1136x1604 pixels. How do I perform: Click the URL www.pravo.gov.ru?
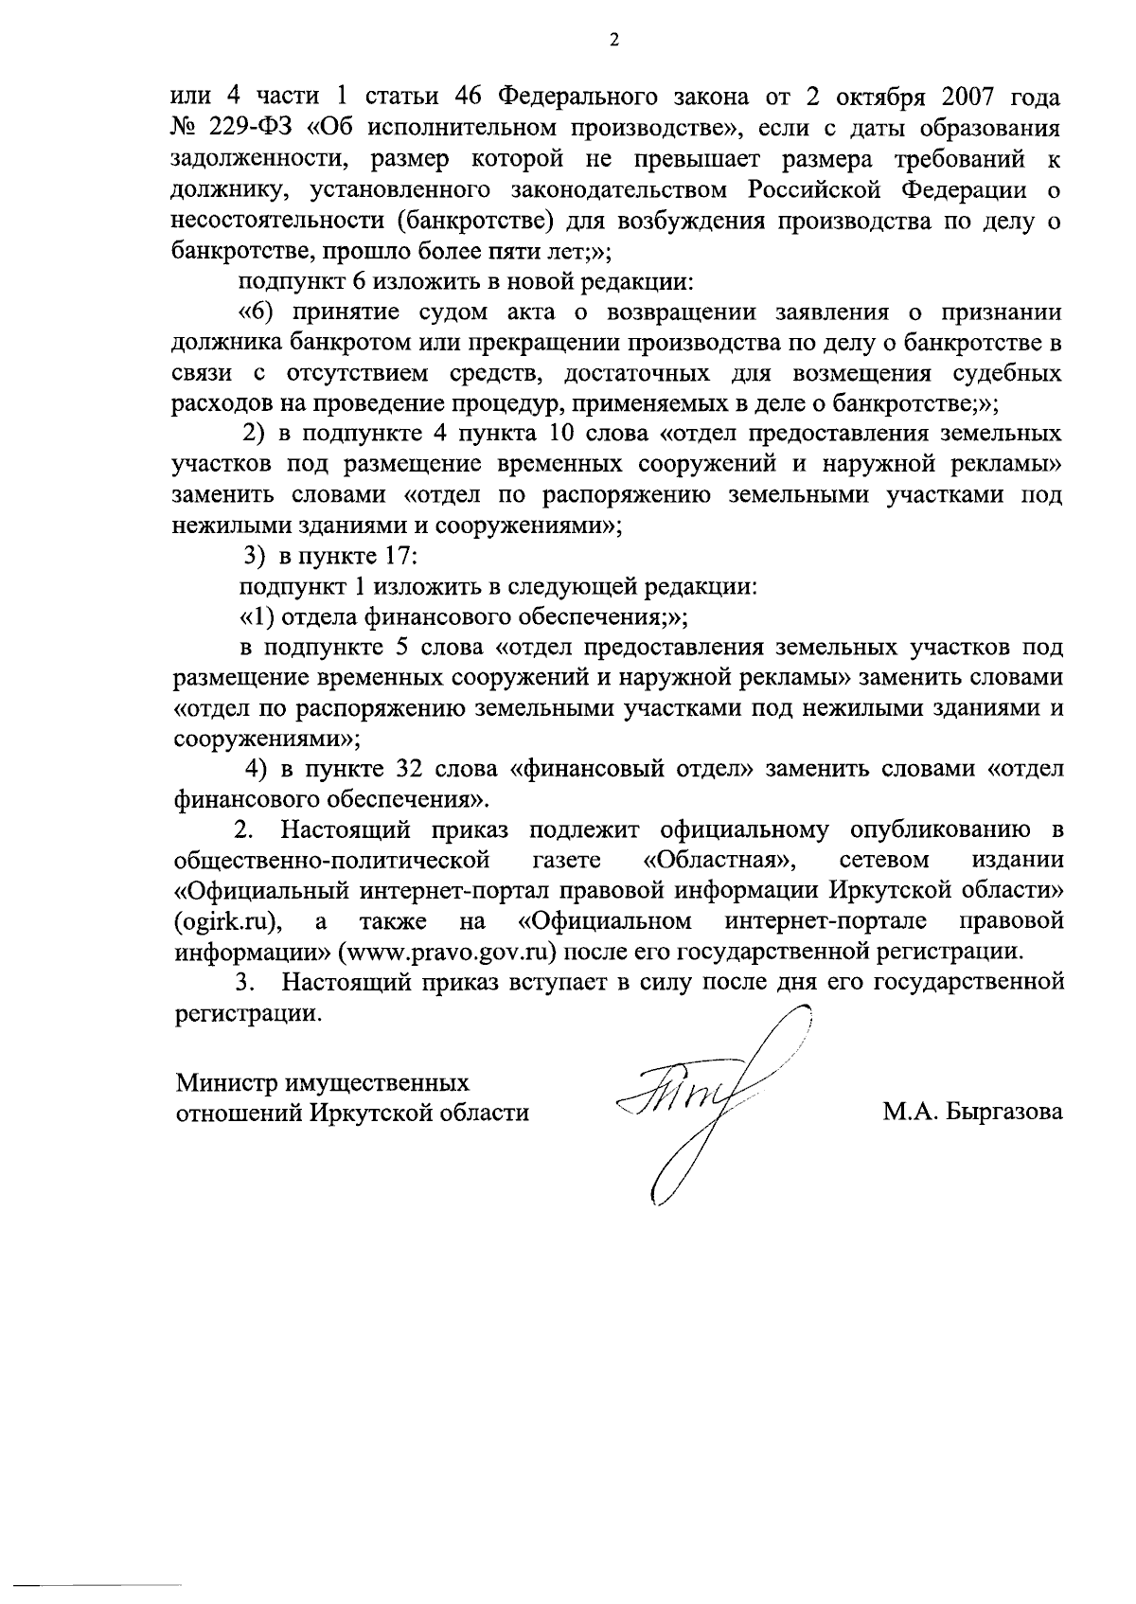tap(453, 951)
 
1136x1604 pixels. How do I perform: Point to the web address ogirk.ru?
tap(230, 920)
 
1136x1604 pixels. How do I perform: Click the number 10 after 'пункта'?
tap(552, 435)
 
